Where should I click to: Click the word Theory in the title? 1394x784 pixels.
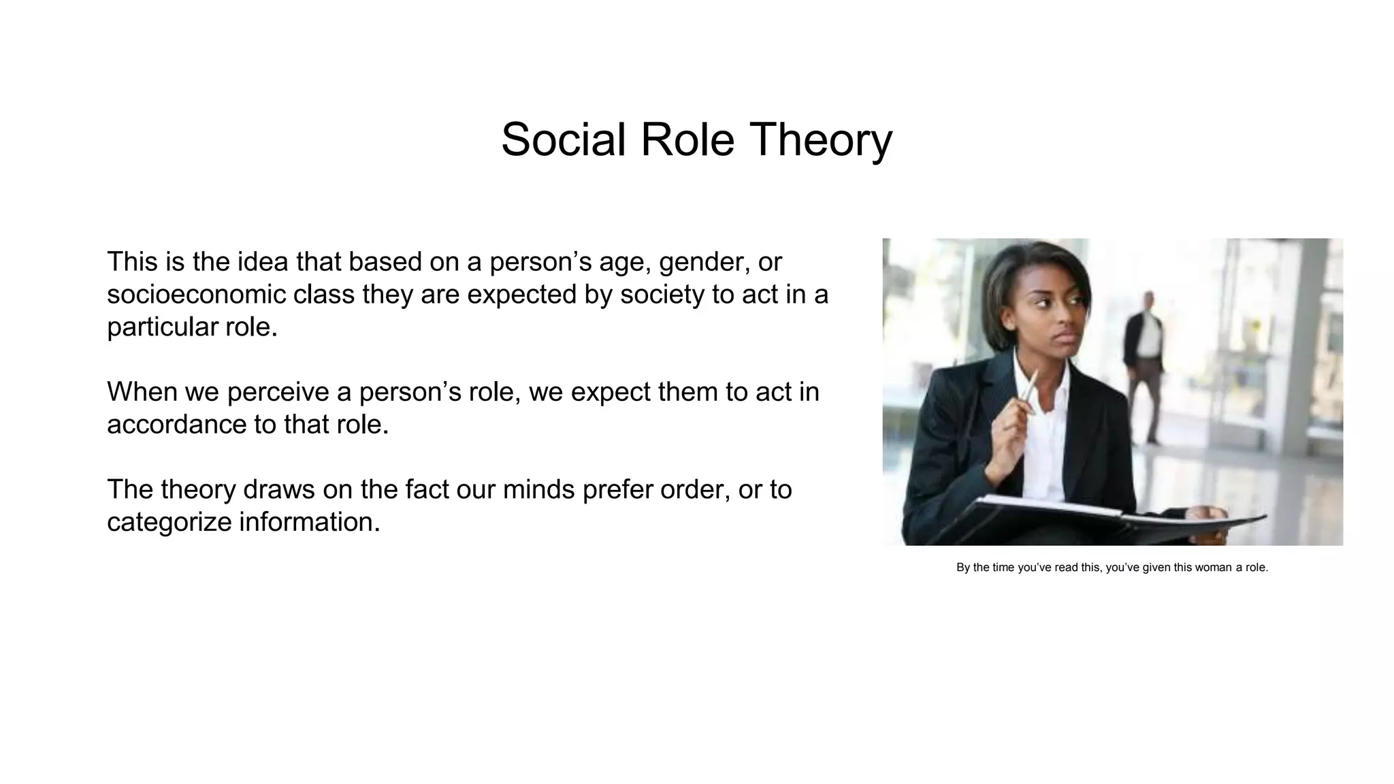click(x=820, y=140)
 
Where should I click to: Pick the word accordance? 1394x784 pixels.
click(x=176, y=425)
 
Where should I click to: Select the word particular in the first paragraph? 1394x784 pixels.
click(x=161, y=327)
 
